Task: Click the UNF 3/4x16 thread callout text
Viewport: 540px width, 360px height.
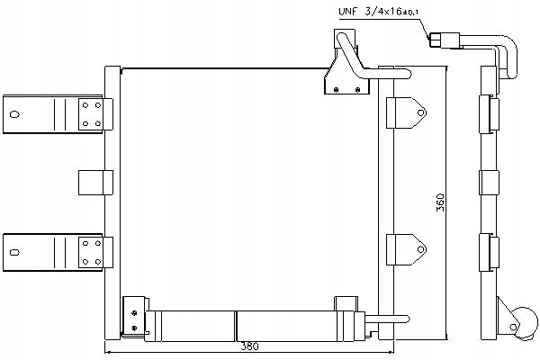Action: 379,12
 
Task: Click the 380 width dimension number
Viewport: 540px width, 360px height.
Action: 249,346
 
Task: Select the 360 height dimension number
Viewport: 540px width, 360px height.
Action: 440,202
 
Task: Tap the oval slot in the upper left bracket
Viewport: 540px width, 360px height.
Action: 14,114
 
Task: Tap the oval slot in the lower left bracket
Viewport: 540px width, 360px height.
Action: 14,252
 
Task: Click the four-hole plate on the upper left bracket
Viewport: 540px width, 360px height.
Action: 91,114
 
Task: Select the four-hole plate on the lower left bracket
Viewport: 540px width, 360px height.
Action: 91,253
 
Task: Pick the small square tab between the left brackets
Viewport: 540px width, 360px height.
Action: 95,183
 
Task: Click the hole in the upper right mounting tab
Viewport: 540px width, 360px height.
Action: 421,112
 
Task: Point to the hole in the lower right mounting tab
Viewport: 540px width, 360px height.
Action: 421,249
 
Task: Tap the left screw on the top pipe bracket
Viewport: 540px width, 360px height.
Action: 336,90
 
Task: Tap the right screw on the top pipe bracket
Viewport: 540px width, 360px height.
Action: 357,90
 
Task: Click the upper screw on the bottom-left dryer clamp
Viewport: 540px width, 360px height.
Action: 134,313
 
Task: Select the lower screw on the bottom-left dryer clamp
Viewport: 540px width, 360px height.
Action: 134,328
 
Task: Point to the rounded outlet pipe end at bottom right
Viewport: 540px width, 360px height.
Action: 407,319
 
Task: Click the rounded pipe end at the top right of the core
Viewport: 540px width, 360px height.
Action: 407,74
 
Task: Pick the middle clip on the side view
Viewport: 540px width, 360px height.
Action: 489,183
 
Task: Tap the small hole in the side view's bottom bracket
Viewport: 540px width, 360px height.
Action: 514,327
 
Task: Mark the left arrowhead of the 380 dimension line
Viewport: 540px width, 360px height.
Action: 107,352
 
